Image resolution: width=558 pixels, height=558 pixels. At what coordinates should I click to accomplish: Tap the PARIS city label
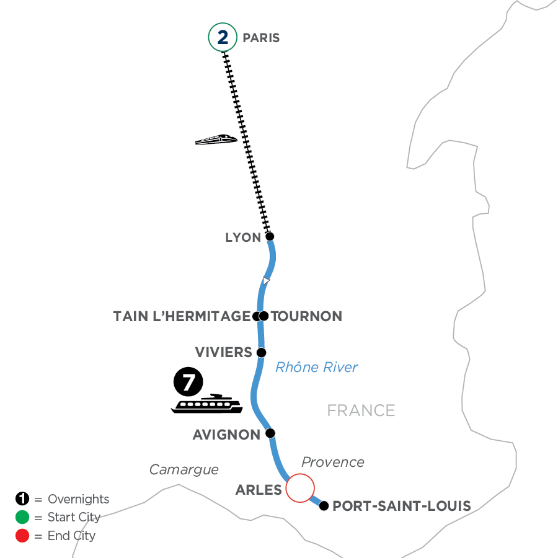pyautogui.click(x=261, y=38)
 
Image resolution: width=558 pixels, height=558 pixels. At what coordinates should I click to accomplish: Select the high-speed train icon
pyautogui.click(x=216, y=140)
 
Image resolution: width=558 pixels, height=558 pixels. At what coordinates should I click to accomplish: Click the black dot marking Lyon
pyautogui.click(x=270, y=236)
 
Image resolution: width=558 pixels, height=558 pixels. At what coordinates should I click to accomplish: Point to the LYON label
pyautogui.click(x=242, y=237)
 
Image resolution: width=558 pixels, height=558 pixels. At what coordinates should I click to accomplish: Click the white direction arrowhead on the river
pyautogui.click(x=265, y=281)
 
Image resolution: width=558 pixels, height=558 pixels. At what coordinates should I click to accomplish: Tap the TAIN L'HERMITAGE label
pyautogui.click(x=181, y=317)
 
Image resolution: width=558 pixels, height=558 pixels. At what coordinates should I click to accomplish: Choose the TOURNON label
pyautogui.click(x=307, y=317)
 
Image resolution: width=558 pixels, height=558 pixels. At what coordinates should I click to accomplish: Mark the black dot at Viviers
pyautogui.click(x=261, y=353)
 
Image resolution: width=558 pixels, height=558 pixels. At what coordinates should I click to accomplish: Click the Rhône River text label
pyautogui.click(x=316, y=368)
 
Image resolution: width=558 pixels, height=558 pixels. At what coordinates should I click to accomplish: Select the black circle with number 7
pyautogui.click(x=188, y=383)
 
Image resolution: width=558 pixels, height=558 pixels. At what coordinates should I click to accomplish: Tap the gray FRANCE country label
pyautogui.click(x=361, y=410)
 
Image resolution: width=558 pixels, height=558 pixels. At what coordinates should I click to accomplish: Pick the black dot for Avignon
pyautogui.click(x=270, y=433)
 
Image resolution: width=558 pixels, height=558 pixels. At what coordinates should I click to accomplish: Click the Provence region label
pyautogui.click(x=333, y=463)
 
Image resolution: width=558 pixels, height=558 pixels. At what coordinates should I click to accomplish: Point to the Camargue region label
pyautogui.click(x=184, y=470)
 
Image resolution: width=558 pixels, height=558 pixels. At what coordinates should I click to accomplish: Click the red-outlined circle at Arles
pyautogui.click(x=299, y=487)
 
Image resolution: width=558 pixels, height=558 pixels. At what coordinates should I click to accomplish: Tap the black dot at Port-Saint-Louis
pyautogui.click(x=324, y=506)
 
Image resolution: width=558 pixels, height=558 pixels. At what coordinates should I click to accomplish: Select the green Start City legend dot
pyautogui.click(x=22, y=518)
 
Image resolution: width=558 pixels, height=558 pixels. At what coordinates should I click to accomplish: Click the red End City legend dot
pyautogui.click(x=22, y=536)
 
